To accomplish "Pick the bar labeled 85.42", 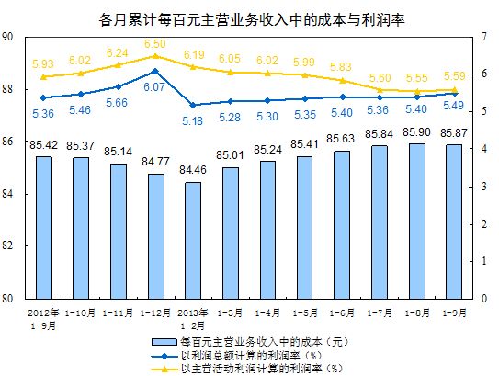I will point(43,227).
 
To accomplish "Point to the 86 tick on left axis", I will point(7,142).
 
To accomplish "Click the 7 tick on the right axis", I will point(483,37).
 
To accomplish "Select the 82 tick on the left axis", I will point(7,246).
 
